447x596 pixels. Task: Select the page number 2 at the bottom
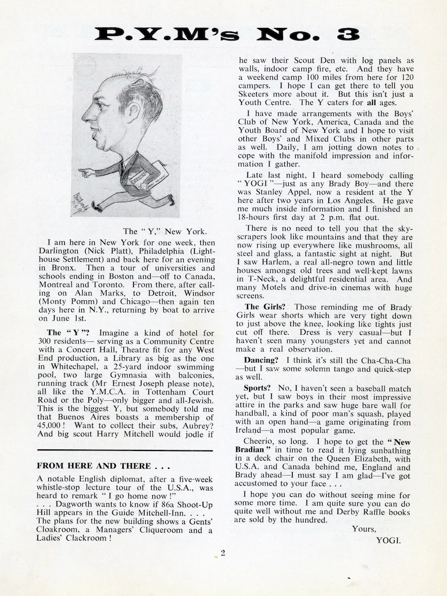(223, 553)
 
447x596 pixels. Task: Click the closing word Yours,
(363, 530)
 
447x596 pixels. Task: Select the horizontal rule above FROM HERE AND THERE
(124, 450)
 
